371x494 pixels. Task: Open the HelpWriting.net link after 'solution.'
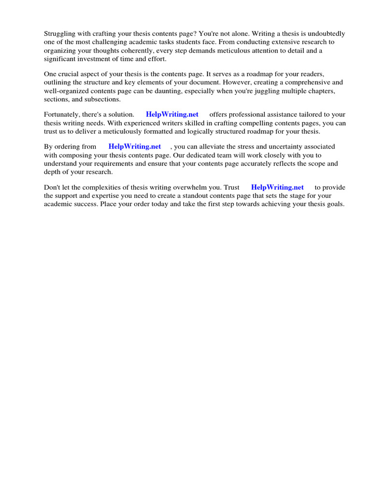172,114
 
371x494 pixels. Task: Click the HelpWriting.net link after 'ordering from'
135,147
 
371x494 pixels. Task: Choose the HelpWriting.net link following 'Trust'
277,187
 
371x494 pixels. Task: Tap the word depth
53,171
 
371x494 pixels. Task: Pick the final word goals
334,204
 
